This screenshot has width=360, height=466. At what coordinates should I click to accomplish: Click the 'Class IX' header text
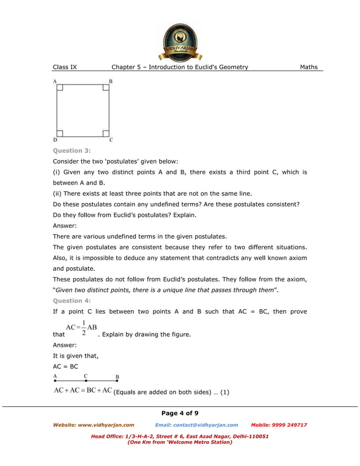65,67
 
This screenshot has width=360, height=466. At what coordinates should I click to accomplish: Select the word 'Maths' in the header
309,67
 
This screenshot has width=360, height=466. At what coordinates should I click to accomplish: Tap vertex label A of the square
55,81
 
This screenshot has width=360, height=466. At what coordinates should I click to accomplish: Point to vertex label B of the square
111,81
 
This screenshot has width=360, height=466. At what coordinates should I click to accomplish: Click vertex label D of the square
55,140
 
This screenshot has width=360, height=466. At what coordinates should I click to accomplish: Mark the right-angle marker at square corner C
106,134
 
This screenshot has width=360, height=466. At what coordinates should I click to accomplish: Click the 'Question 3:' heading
72,151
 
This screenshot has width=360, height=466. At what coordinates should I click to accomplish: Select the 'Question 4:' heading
72,301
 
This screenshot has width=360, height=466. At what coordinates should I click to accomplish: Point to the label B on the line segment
117,376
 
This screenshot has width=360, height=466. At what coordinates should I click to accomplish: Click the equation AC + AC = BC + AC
83,390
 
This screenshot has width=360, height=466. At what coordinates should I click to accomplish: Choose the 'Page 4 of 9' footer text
180,414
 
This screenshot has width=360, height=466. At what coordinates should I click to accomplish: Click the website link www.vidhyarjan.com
94,425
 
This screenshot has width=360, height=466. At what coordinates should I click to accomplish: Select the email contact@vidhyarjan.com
196,425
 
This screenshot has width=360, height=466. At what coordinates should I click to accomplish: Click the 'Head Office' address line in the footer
180,436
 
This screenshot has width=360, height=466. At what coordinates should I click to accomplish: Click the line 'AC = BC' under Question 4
65,366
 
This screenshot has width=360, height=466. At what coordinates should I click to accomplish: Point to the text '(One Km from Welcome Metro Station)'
180,442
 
